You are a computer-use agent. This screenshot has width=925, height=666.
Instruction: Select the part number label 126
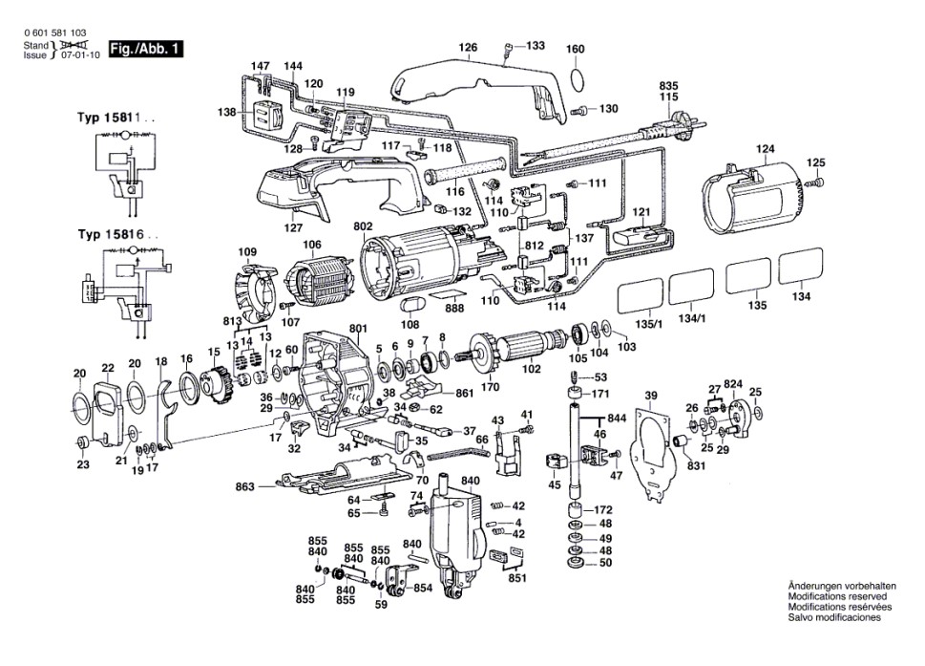467,47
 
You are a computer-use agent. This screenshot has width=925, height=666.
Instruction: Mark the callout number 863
244,487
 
